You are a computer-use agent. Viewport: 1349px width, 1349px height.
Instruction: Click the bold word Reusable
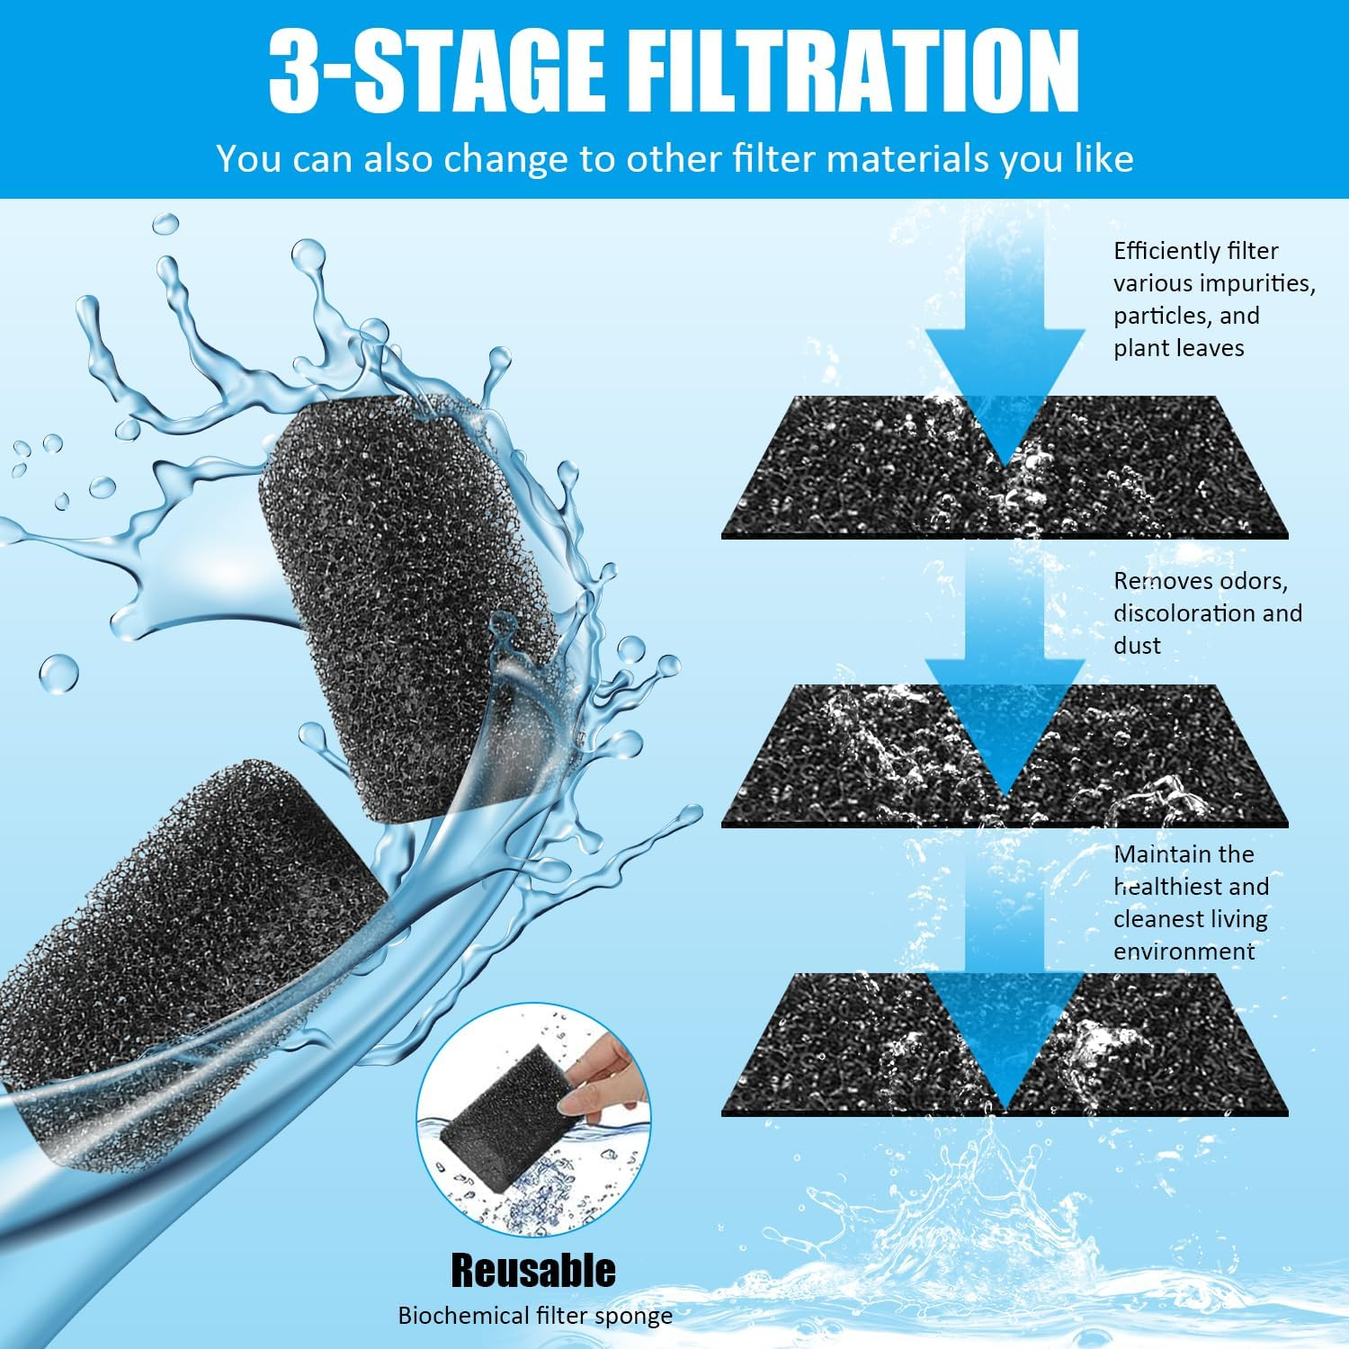click(533, 1270)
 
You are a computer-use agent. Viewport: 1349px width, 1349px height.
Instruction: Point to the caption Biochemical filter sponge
click(535, 1316)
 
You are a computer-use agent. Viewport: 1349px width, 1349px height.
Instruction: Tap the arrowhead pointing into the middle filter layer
click(1005, 719)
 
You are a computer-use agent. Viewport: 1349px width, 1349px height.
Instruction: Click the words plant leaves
click(1178, 349)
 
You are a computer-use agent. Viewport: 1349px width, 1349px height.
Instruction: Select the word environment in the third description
click(1184, 951)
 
